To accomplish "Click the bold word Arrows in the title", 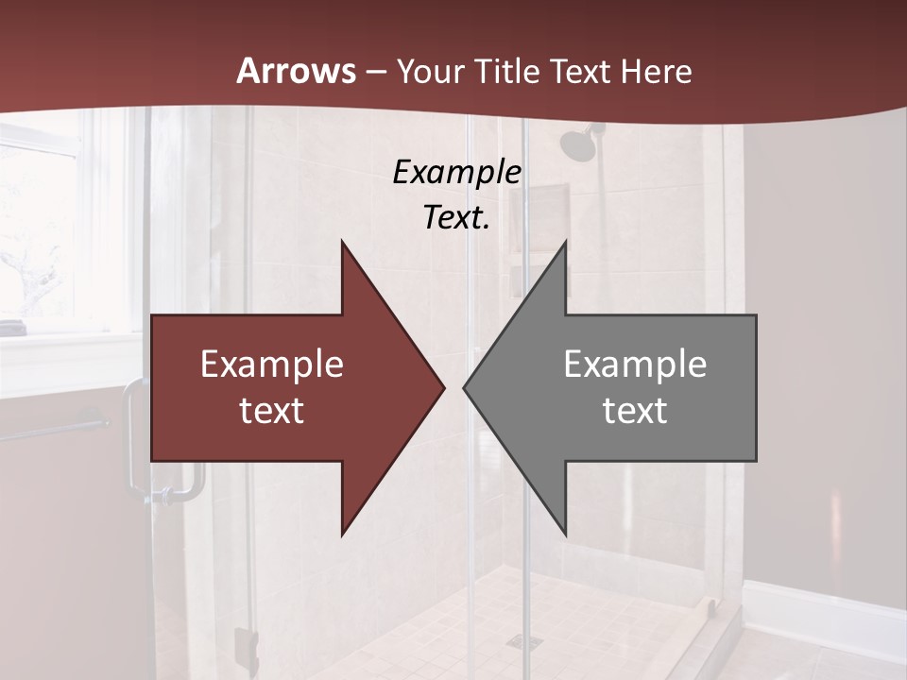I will tap(296, 71).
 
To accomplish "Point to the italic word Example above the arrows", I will tap(456, 172).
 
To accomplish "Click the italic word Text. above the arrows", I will tap(456, 217).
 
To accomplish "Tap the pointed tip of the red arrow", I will tap(441, 387).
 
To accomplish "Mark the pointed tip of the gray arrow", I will tap(467, 387).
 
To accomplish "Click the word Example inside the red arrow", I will tap(272, 365).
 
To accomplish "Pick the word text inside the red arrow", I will tap(272, 410).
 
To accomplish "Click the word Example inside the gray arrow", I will tap(635, 365).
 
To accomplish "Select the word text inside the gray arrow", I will tap(635, 410).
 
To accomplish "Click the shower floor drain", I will tap(518, 641).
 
